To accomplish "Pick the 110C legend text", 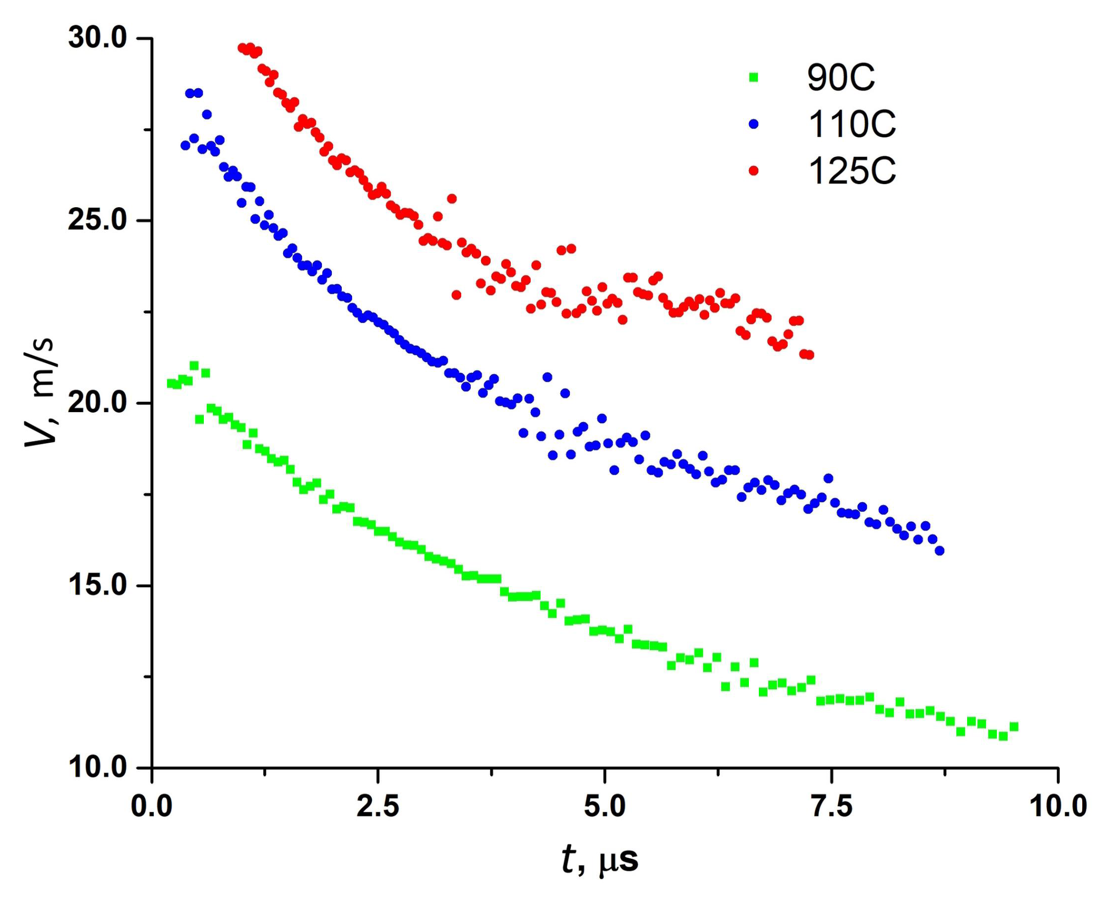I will tap(852, 124).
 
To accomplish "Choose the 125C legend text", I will tap(852, 171).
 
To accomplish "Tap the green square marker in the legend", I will tap(754, 77).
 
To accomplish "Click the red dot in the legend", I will tap(754, 170).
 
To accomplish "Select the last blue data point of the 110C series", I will tap(939, 550).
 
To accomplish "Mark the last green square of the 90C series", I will tap(1014, 726).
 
